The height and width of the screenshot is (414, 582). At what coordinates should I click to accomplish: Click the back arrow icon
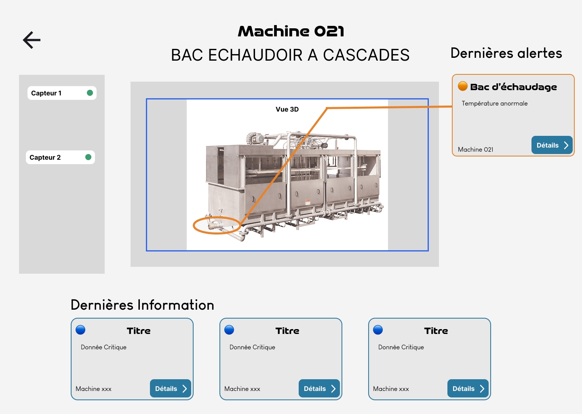tap(32, 40)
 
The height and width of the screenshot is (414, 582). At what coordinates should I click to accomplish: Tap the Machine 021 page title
tap(291, 31)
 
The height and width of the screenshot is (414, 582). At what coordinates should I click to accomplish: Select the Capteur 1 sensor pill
tap(62, 93)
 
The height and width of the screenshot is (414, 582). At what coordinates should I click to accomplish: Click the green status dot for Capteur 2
tap(89, 157)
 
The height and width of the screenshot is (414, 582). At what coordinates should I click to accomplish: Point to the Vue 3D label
tap(287, 109)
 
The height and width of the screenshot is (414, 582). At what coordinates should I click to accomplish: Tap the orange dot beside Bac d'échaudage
tap(462, 86)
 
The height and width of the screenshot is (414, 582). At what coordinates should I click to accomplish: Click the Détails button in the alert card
tap(552, 145)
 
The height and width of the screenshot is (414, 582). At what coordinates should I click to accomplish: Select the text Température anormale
tap(494, 103)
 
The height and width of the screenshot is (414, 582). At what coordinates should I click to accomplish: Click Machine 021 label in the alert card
tap(475, 150)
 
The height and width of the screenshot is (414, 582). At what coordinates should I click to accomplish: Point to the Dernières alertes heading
tap(506, 53)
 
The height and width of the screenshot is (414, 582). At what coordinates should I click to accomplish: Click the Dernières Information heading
tap(142, 305)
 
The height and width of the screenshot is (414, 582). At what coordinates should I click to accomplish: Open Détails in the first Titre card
tap(171, 388)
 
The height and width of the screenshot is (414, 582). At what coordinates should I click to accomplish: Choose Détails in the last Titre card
tap(468, 388)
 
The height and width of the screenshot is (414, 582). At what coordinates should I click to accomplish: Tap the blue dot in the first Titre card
tap(80, 330)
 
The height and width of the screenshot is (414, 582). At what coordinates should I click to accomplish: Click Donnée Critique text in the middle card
tap(252, 347)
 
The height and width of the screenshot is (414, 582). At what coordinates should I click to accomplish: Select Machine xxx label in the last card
tap(391, 389)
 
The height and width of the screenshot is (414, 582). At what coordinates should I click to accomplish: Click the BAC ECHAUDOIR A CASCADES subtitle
tap(290, 55)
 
